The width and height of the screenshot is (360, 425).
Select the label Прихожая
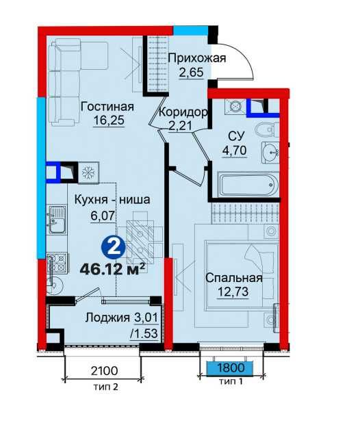pos(196,58)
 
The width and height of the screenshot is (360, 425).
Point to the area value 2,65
pos(191,73)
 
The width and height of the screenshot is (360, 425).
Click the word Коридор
pos(183,112)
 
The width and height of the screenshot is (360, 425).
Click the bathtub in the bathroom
pos(246,185)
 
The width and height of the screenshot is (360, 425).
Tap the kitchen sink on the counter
pos(55,220)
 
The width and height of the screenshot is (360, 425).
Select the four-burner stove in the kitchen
pos(57,260)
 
